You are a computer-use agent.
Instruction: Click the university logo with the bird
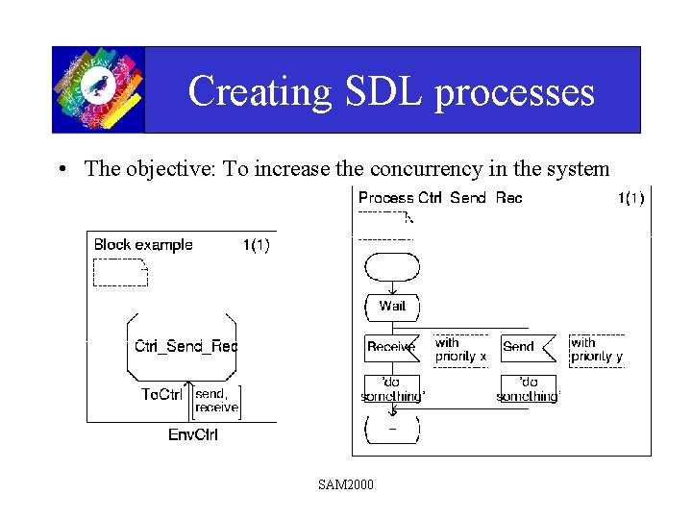tap(98, 88)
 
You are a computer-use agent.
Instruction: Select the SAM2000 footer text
tap(346, 483)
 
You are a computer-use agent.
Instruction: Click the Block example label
tap(143, 245)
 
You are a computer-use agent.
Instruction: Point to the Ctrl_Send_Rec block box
tap(183, 346)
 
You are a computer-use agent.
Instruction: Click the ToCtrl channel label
tap(161, 395)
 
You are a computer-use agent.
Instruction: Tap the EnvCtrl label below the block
tap(193, 434)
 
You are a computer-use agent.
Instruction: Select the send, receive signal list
tap(215, 400)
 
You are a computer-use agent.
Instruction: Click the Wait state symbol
tap(392, 307)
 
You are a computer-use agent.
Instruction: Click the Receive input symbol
tap(391, 347)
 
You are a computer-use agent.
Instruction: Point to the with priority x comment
tap(460, 349)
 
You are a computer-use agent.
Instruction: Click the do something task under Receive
tap(392, 389)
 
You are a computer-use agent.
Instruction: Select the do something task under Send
tap(528, 389)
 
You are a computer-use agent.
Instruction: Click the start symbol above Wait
tap(392, 264)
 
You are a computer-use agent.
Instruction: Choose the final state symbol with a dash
tap(392, 429)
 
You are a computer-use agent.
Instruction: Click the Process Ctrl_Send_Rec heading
tap(440, 198)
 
